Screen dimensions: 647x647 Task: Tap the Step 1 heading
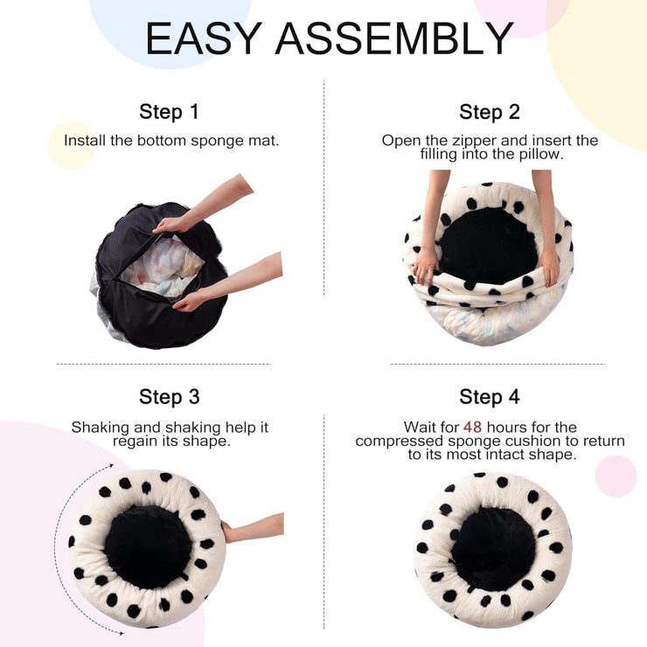(170, 112)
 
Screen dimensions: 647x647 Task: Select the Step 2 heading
(490, 112)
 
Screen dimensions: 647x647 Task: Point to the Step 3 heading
(170, 397)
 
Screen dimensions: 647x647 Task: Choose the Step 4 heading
(490, 397)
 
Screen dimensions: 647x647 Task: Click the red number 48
(473, 428)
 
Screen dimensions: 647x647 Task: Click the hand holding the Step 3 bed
(254, 528)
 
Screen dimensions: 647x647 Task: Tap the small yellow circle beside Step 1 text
(71, 145)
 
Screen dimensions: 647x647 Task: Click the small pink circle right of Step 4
(616, 476)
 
